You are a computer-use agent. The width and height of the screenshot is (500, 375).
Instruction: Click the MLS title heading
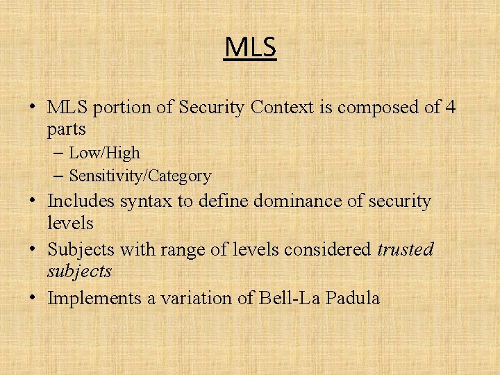click(x=250, y=47)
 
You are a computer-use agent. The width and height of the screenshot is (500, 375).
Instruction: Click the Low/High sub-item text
click(x=104, y=153)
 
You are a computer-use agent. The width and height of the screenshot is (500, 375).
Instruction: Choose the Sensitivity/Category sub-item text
click(x=140, y=176)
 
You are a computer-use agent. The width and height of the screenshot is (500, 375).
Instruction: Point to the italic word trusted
click(x=405, y=249)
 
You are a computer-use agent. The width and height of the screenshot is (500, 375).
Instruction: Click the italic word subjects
click(x=79, y=272)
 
